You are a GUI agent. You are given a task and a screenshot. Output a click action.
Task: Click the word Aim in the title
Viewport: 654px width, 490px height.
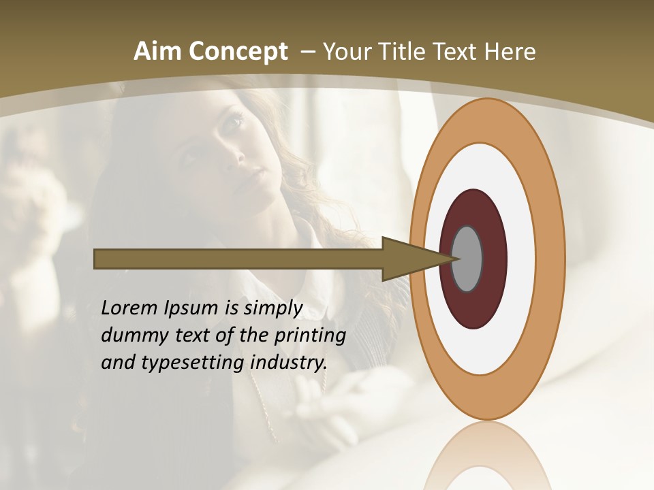(158, 52)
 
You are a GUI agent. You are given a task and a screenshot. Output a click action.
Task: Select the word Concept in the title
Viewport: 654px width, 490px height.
(238, 52)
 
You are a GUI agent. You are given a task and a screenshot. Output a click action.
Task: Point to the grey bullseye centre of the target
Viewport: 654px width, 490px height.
(468, 259)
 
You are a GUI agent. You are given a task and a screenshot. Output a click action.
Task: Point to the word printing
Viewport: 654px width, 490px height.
(310, 336)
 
